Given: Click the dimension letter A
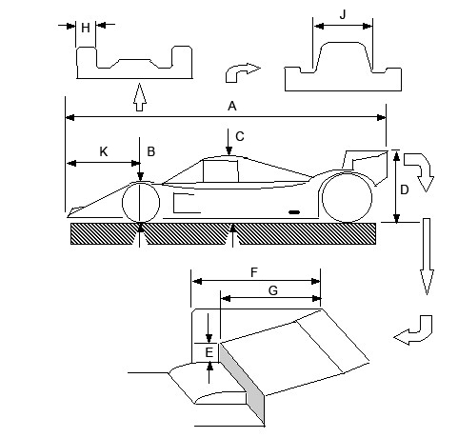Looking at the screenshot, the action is (x=232, y=106).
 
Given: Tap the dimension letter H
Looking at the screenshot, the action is (x=86, y=28).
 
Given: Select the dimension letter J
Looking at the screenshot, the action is (x=343, y=14).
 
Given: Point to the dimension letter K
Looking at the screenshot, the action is (x=104, y=151).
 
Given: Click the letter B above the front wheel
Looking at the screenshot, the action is (x=151, y=151).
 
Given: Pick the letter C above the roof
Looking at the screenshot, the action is (x=240, y=136).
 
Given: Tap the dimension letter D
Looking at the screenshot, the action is (x=404, y=189).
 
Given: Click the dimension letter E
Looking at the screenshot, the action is (x=209, y=352).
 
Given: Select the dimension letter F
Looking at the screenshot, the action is (x=254, y=272).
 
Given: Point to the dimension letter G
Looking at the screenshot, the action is (x=273, y=290).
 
